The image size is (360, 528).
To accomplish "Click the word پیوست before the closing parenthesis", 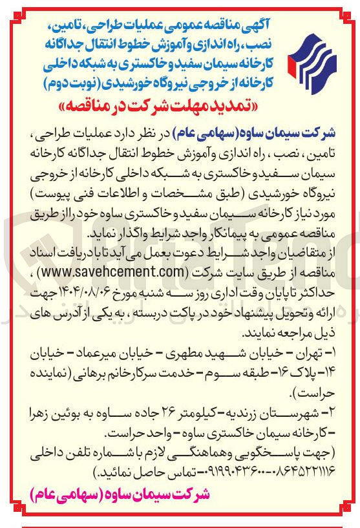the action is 59,195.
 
